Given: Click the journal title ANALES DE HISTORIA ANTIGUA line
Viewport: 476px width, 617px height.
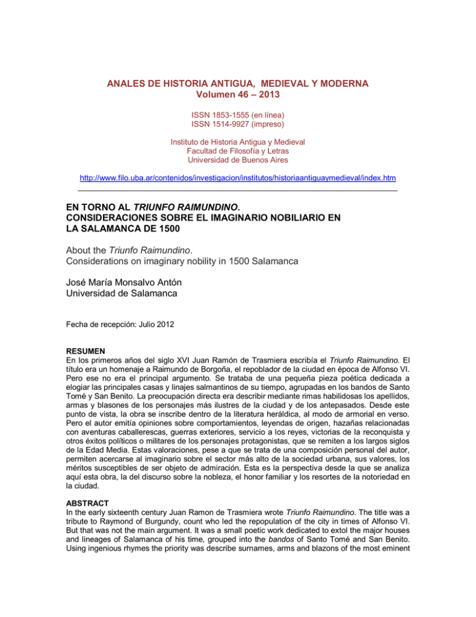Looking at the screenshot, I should [x=237, y=83].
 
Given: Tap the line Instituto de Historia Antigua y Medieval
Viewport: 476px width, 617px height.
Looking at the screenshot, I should [x=237, y=143].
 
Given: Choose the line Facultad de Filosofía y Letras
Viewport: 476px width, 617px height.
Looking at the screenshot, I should [x=237, y=152].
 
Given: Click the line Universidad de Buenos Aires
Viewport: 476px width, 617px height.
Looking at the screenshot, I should [x=237, y=161].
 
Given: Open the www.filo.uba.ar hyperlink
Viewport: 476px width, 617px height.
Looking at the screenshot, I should [x=237, y=179].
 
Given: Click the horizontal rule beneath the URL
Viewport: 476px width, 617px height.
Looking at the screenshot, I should [x=237, y=189].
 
